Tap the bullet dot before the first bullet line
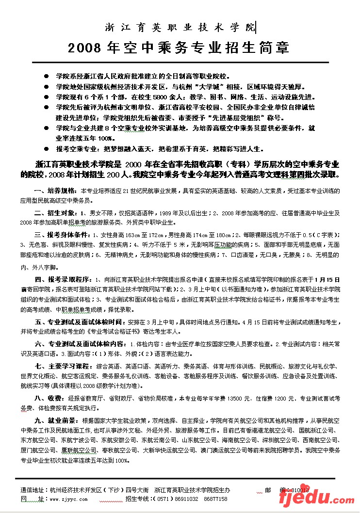coord(46,77)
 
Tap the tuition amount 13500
coord(234,398)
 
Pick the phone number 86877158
coord(215,498)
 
